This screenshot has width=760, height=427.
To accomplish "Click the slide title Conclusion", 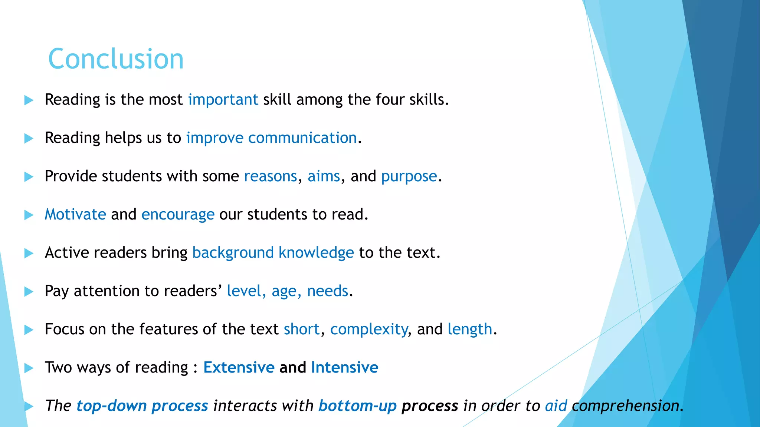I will pos(116,59).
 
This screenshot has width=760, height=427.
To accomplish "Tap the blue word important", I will pos(223,100).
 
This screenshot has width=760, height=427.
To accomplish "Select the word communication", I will pos(302,138).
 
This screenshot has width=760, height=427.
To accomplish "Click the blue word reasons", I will pos(271,176).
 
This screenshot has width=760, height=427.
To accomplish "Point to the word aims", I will pos(324,176).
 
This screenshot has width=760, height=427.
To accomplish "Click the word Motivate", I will pos(75,215).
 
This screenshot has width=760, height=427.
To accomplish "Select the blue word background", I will pos(233,253).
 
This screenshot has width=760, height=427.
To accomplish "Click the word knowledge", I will pos(316,253).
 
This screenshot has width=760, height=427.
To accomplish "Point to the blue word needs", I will pos(328,291).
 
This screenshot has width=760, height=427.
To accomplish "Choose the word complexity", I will pos(369,330).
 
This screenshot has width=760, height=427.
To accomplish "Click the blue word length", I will pos(470,330).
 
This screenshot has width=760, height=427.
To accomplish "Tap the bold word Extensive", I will pos(239,367).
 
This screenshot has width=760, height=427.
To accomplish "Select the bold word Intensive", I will pos(345,367).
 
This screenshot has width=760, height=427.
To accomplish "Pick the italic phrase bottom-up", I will pos(358,406).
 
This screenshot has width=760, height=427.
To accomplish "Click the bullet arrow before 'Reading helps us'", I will pos(29,139).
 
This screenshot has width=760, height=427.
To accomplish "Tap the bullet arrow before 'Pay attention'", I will pos(29,292).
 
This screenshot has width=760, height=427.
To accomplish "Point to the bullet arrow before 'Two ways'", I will pos(29,368).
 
